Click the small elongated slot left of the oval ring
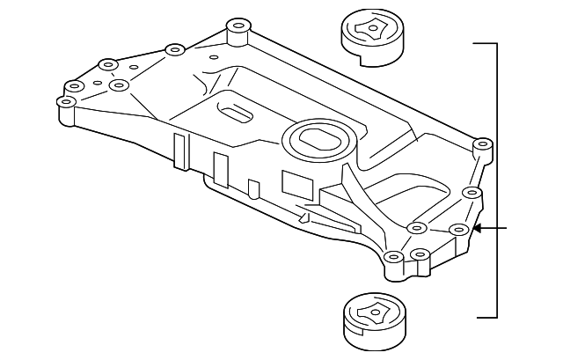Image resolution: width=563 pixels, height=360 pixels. click(235, 114)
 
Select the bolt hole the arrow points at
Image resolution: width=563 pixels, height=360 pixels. click(457, 230)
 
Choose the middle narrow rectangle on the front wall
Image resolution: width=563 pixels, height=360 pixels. click(220, 168)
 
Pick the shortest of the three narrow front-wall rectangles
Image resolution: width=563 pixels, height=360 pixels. click(253, 187)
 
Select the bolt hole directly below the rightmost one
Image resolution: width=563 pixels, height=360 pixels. click(472, 192)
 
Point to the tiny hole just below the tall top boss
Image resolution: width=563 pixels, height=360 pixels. click(214, 58)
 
